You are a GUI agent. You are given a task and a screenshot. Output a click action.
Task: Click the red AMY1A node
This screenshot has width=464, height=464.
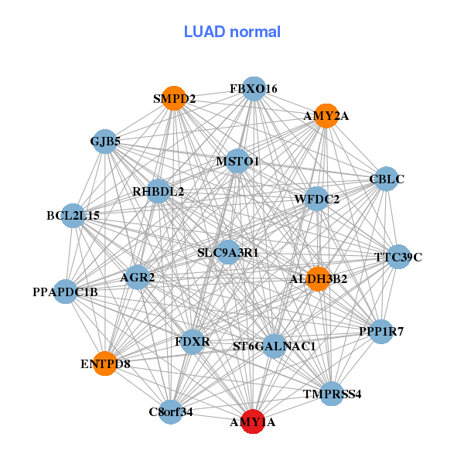pos(253,421)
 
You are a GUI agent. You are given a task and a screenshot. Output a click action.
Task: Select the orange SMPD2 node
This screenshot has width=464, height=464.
pos(174,98)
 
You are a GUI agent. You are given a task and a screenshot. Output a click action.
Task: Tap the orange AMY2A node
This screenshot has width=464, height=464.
pos(326,116)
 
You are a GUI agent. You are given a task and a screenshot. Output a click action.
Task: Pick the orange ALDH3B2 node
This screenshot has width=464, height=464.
pos(318,278)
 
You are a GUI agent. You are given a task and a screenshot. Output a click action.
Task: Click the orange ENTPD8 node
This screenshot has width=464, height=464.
pos(105,363)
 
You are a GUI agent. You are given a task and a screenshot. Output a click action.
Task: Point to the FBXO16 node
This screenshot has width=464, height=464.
pos(254,89)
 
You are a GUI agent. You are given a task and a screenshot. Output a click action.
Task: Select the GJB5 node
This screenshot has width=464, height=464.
pos(105,142)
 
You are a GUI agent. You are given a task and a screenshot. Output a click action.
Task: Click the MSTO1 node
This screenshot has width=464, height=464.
pos(237,161)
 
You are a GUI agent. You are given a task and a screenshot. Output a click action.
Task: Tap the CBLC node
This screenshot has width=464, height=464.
pos(386,179)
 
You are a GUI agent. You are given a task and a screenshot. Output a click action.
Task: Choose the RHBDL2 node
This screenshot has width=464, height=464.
pos(159,191)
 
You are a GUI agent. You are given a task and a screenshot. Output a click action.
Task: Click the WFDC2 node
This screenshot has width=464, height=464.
pos(317,199)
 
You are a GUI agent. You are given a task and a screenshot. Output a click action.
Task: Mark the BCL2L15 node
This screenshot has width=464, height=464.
pos(73,216)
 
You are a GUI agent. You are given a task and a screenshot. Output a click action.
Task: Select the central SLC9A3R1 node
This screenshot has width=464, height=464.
pos(227,252)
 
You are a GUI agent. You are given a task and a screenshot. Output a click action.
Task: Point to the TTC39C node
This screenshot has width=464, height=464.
pos(398,257)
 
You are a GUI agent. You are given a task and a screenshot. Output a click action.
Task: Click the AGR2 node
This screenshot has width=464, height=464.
pos(138,278)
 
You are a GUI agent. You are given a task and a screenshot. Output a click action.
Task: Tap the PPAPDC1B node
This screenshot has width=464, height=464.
pos(66,292)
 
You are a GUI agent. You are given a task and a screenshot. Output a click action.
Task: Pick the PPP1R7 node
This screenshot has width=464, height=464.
pos(381,332)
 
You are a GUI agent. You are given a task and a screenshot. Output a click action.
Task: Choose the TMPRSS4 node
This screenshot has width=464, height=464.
pos(332,394)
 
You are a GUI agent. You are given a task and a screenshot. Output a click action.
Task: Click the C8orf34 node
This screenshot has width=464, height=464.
pos(171,411)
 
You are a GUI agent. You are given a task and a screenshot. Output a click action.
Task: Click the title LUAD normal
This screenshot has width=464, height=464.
pos(232,32)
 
